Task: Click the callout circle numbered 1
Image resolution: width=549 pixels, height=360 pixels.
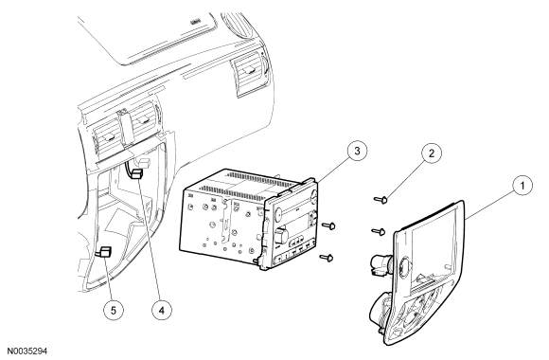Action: pos(522,185)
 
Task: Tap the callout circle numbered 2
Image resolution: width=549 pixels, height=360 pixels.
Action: pos(432,153)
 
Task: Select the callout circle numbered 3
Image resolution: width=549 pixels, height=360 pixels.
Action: pos(357,151)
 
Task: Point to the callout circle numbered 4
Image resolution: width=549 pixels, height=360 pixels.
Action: pos(162,310)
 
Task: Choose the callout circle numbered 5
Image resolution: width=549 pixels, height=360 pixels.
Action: pos(114,310)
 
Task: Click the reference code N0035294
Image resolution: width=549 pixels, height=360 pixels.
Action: pos(27,351)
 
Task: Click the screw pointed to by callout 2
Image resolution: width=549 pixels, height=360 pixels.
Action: pos(381,200)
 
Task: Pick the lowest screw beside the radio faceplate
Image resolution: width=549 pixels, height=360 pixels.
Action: pos(327,259)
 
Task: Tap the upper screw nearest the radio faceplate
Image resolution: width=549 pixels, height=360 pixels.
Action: pos(328,226)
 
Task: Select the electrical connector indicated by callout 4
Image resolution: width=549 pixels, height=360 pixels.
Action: pos(136,174)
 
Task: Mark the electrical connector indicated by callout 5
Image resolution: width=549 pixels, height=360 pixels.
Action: pos(105,252)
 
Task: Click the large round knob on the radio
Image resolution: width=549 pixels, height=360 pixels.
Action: pos(281,236)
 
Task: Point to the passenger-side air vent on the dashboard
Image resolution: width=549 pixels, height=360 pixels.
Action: pos(249,74)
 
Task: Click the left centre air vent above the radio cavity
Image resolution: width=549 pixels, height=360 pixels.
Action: pos(106,137)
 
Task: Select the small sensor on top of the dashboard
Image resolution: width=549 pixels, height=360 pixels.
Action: pos(194,23)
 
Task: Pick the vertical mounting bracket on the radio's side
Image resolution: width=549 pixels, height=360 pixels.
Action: pos(226,221)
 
